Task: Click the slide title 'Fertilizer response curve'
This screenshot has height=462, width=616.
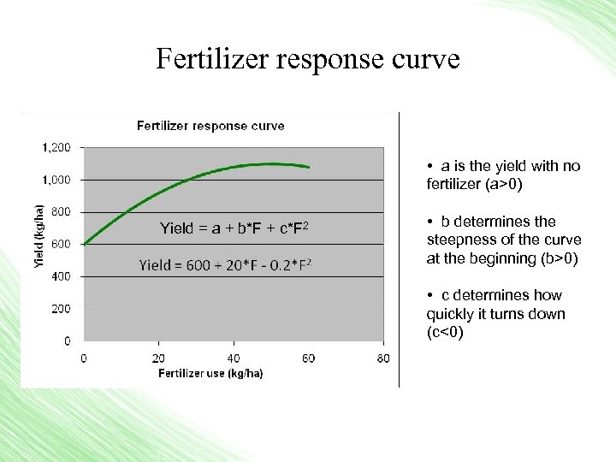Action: tap(308, 59)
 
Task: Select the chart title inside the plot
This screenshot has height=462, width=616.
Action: tap(210, 126)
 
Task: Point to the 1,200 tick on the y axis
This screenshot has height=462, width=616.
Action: tap(56, 147)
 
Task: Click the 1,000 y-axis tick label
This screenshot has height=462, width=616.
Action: tap(56, 180)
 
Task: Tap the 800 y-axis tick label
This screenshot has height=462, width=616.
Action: tap(61, 211)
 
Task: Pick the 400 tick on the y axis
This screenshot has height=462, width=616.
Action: tap(61, 276)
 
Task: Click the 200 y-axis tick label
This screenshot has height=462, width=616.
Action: tap(61, 308)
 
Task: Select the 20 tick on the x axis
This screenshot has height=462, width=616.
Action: tap(159, 358)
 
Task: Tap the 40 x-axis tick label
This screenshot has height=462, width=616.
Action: tap(234, 358)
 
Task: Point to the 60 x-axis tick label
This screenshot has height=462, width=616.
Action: tap(308, 358)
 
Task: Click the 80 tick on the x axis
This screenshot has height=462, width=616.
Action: tap(382, 358)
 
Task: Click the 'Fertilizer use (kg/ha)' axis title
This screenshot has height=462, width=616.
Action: tap(210, 373)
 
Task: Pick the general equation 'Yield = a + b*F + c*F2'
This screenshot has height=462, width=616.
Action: tap(234, 228)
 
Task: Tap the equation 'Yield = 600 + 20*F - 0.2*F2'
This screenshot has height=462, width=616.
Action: tap(224, 265)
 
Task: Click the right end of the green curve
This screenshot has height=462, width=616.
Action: tap(308, 167)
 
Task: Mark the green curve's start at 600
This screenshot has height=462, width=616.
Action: tap(85, 244)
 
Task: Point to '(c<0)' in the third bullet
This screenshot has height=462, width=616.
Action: tap(445, 332)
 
